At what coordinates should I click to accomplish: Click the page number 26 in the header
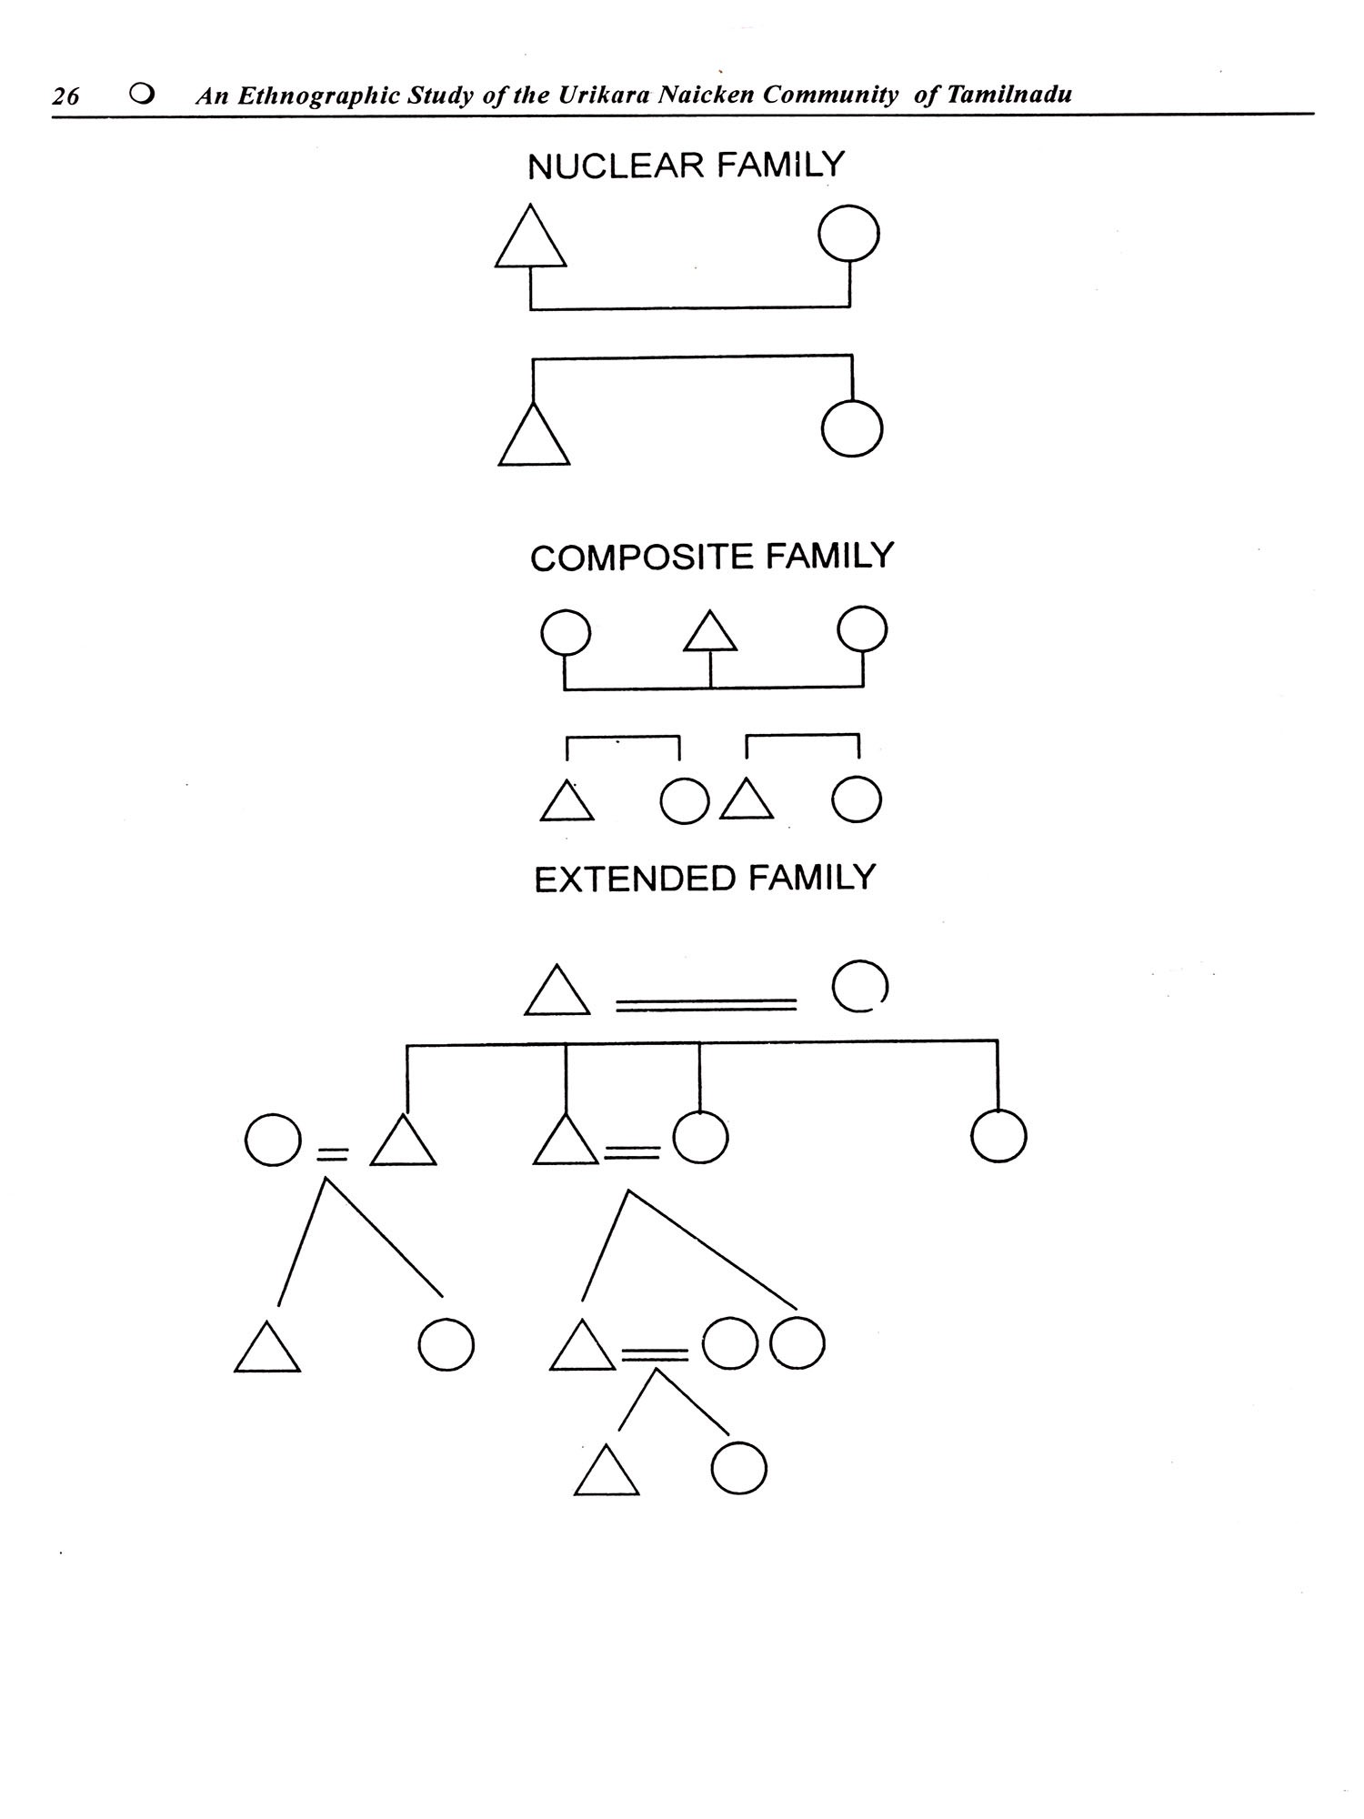(x=65, y=95)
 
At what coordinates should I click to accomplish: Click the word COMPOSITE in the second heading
(x=642, y=558)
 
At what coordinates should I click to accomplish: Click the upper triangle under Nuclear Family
(x=530, y=241)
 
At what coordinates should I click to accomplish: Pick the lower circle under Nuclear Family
(x=851, y=428)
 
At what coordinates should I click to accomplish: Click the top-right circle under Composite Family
(x=862, y=630)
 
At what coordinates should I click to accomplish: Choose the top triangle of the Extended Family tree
(x=557, y=994)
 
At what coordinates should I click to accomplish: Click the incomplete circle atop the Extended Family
(x=859, y=987)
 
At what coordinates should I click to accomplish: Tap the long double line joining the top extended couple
(x=706, y=1005)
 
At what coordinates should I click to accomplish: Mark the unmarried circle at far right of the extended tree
(x=998, y=1137)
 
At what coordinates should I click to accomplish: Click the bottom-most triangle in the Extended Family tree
(x=607, y=1474)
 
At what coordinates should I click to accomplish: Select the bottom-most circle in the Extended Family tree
(x=738, y=1469)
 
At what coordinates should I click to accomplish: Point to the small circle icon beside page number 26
(x=141, y=94)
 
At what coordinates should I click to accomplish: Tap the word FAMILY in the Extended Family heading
(x=812, y=879)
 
